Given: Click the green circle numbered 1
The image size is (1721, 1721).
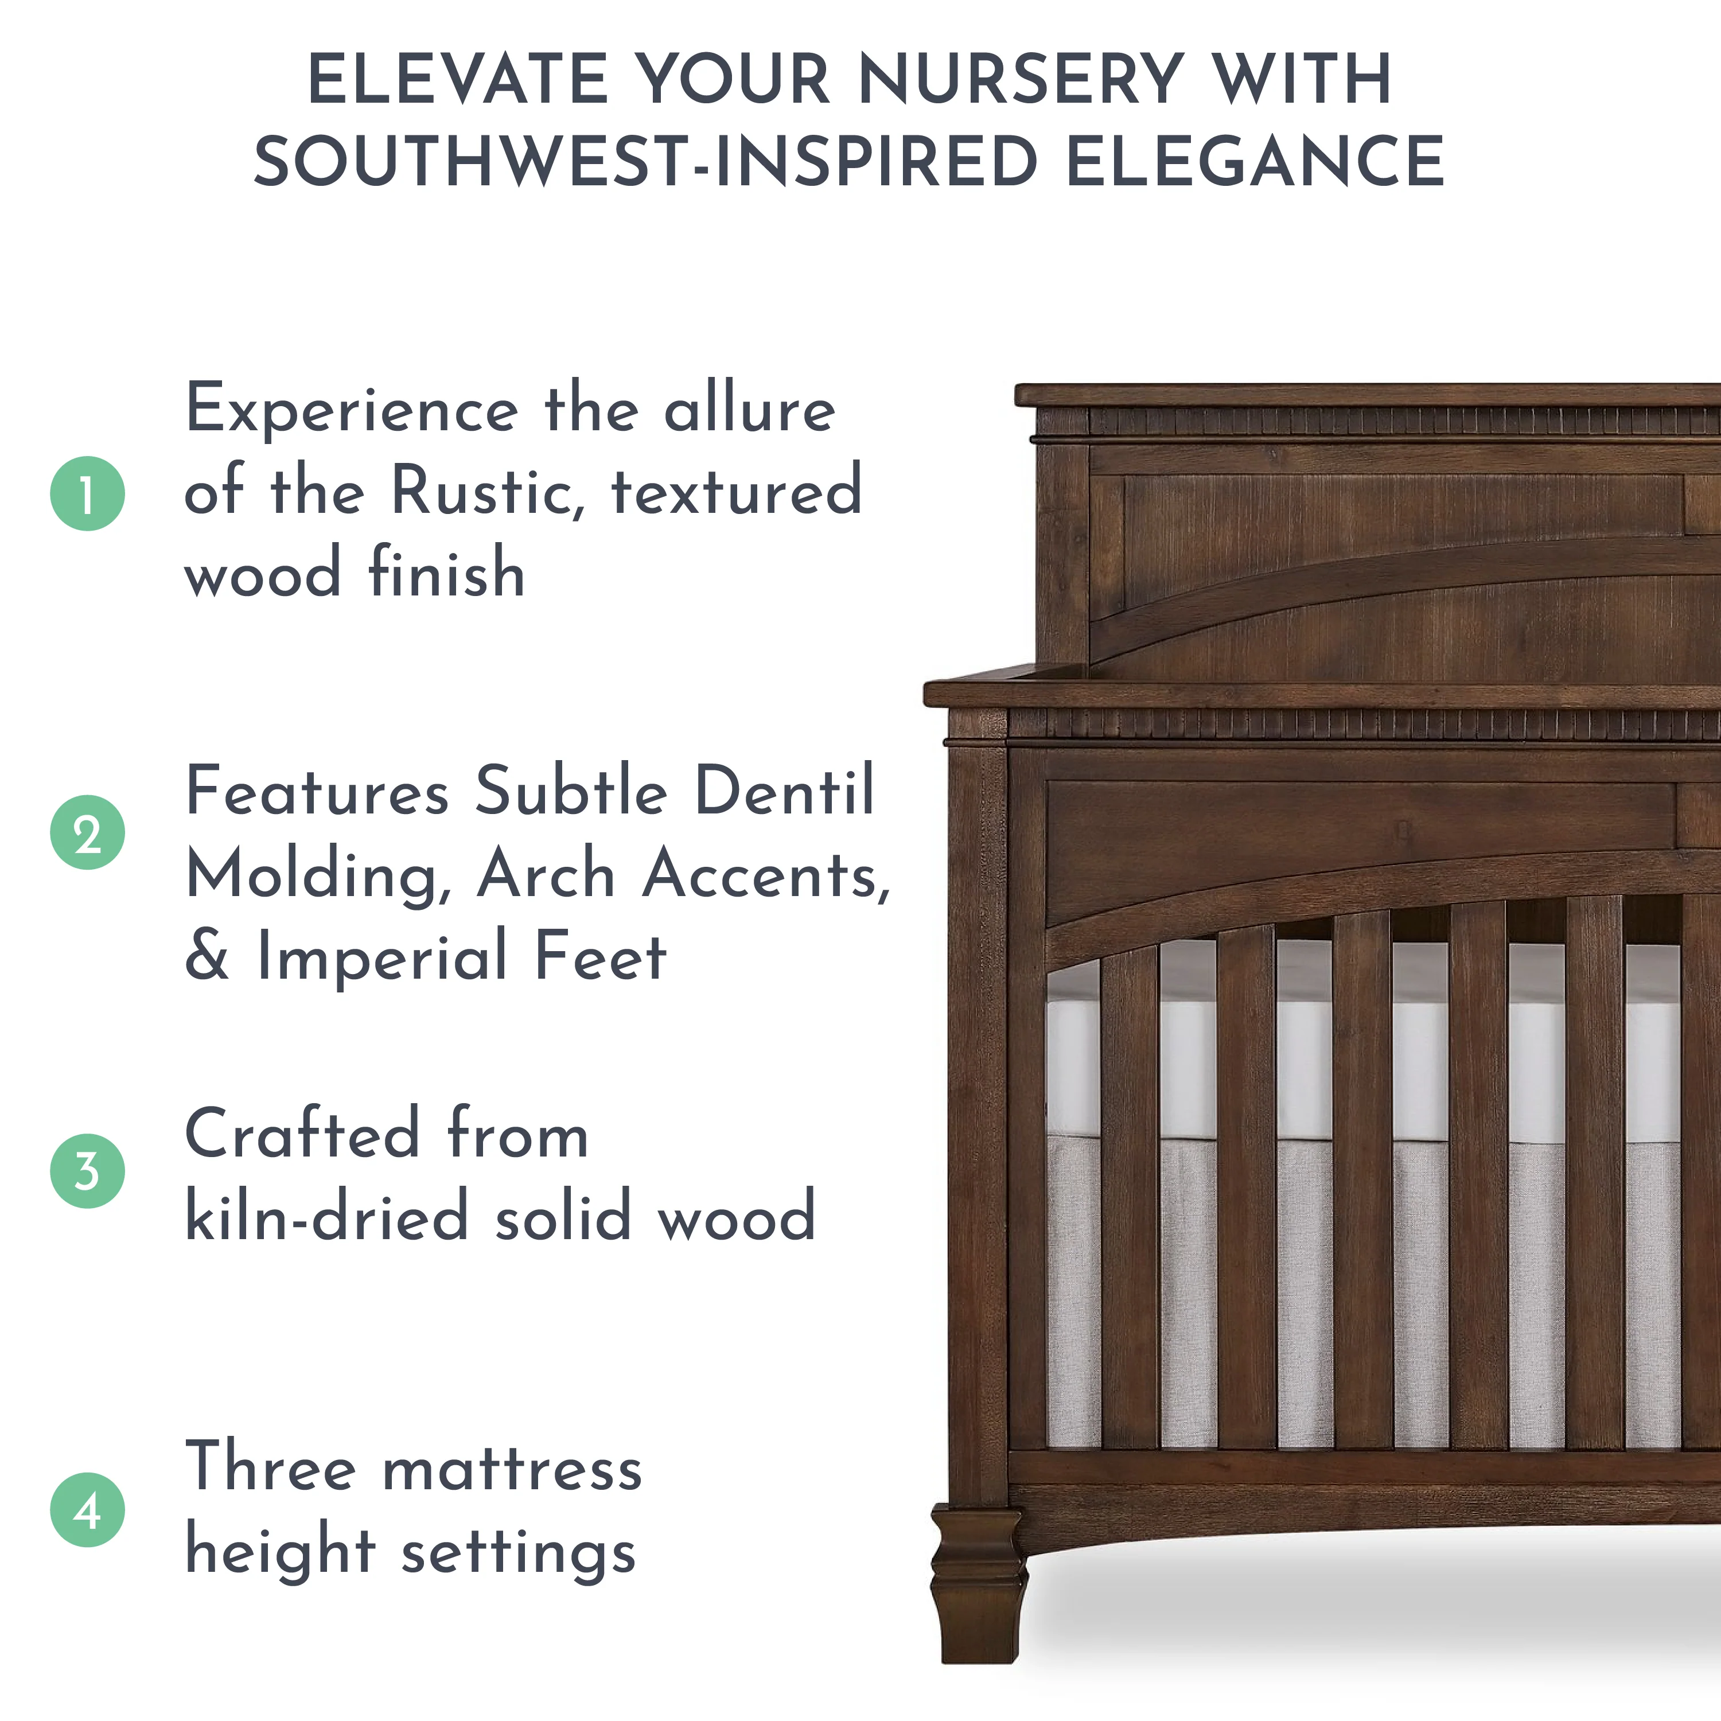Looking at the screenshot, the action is pos(87,493).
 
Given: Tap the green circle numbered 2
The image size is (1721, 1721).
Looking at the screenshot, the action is pos(87,832).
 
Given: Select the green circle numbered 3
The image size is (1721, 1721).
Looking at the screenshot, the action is pos(87,1170).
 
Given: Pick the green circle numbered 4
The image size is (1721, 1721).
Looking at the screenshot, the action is pos(87,1509).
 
